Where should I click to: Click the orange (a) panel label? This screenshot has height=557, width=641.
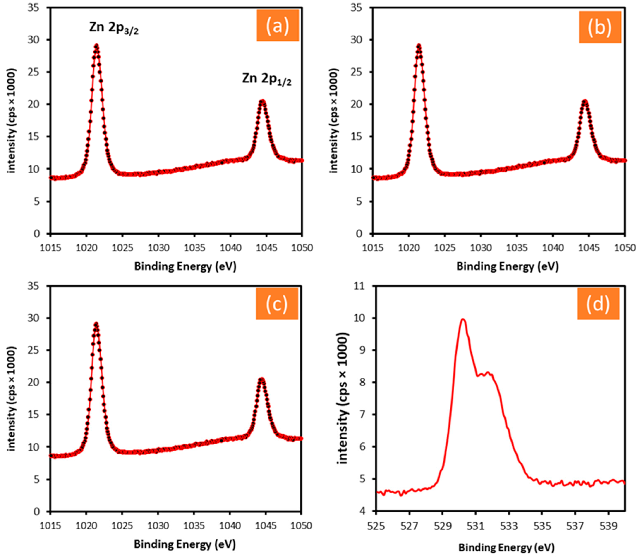[x=277, y=25]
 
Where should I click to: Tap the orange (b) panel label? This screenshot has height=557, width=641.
[x=600, y=27]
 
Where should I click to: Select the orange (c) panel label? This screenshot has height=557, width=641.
[x=277, y=304]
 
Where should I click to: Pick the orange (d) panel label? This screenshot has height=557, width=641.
[x=598, y=304]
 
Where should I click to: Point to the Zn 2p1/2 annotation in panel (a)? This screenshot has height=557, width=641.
[x=267, y=79]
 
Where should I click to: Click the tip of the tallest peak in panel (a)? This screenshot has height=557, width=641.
[x=97, y=45]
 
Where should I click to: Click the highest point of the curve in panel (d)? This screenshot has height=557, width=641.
[x=463, y=319]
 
